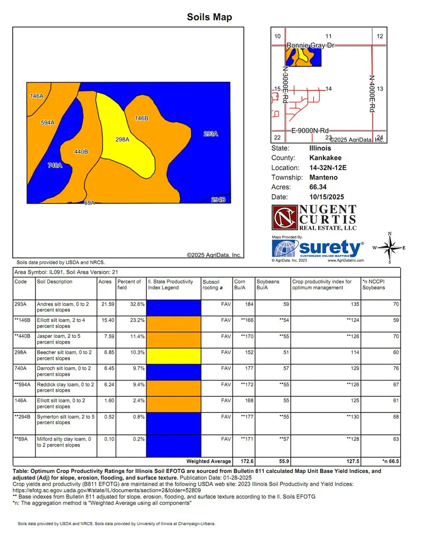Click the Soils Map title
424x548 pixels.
click(209, 17)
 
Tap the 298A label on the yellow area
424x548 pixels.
click(122, 139)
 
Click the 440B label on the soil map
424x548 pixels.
click(81, 151)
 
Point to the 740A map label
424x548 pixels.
click(54, 165)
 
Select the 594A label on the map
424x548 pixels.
click(47, 122)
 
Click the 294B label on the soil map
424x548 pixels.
click(218, 199)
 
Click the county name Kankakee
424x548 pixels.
click(325, 158)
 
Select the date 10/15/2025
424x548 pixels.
click(327, 196)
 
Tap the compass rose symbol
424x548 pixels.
click(389, 248)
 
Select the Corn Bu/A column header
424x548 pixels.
click(240, 284)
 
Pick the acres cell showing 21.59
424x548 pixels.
click(105, 304)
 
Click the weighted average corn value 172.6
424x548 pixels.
click(241, 461)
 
